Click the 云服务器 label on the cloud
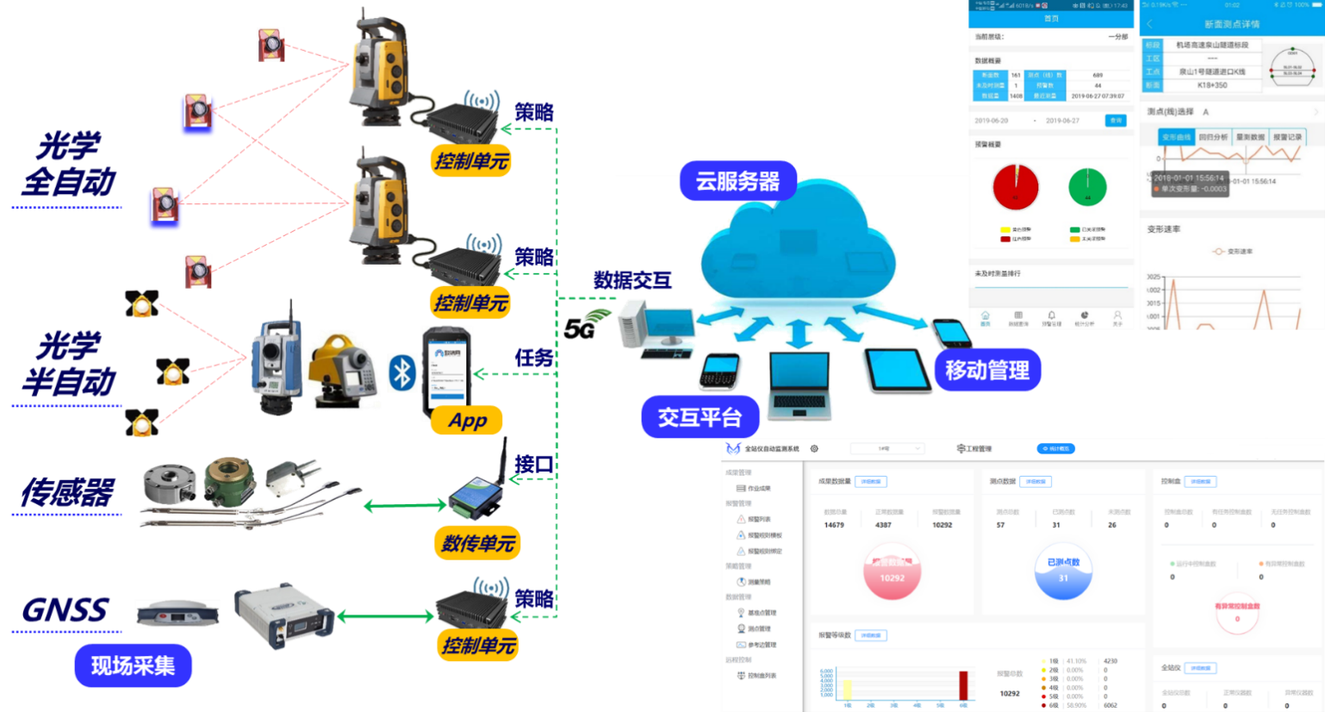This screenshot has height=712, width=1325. click(737, 181)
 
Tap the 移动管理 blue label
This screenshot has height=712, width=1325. click(987, 370)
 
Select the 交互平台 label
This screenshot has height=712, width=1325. click(700, 417)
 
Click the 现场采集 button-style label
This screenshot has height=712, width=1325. click(133, 665)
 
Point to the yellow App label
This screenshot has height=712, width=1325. click(468, 421)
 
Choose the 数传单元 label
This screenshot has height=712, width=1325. click(478, 543)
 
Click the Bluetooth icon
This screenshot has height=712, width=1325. click(402, 372)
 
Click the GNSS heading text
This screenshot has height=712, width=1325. click(65, 610)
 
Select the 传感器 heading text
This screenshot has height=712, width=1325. click(67, 493)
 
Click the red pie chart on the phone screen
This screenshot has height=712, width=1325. click(1016, 187)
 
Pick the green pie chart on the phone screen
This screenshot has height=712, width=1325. click(1087, 187)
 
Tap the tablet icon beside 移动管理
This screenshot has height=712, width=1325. click(896, 370)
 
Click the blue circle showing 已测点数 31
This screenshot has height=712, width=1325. click(1063, 571)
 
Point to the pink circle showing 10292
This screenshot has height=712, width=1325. click(893, 571)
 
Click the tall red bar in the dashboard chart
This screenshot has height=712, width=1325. click(963, 685)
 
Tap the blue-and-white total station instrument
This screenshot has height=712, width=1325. click(277, 366)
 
